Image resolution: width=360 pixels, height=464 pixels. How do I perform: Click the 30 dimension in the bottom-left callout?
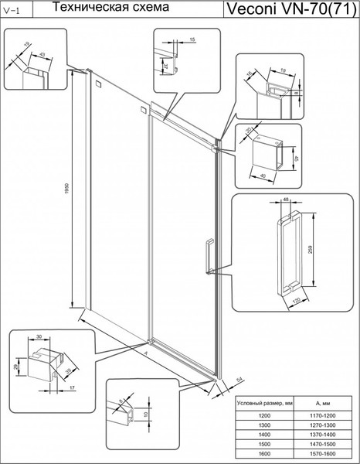[x=38, y=336]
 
